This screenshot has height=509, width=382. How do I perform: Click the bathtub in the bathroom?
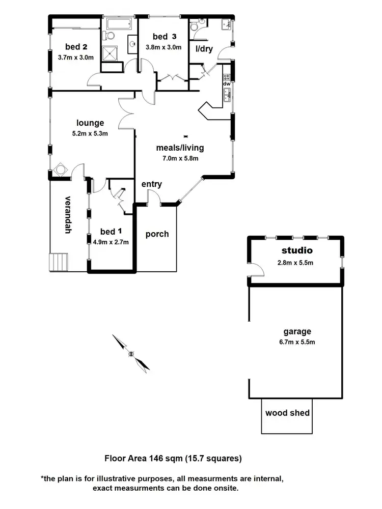(x=120, y=23)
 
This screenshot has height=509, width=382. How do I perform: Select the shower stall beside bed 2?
(x=110, y=54)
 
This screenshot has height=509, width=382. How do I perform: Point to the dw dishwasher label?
(x=227, y=84)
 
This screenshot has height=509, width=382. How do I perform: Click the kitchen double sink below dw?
(x=227, y=95)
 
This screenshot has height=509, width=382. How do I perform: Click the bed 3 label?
(x=165, y=36)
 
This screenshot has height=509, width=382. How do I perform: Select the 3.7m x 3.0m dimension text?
(x=76, y=58)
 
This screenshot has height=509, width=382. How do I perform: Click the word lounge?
(x=90, y=123)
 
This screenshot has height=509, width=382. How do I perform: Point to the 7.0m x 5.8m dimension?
(x=180, y=158)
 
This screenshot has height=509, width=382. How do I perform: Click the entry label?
(x=152, y=184)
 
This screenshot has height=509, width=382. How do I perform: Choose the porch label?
(x=157, y=234)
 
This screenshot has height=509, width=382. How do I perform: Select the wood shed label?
(x=287, y=413)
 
